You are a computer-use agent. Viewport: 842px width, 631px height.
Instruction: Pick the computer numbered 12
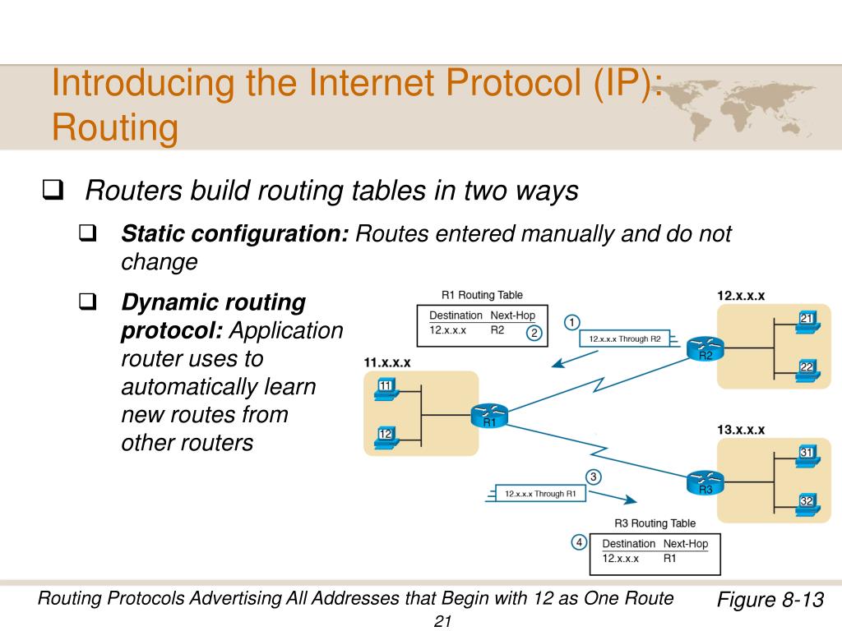[385, 436]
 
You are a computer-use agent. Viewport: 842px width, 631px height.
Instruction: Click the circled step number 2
[534, 333]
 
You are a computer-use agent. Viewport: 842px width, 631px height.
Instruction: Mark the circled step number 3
[593, 477]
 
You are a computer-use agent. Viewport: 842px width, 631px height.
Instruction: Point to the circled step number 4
[579, 542]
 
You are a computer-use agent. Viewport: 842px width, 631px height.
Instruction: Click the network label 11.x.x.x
[386, 362]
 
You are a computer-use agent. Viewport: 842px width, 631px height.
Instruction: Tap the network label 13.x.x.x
[741, 429]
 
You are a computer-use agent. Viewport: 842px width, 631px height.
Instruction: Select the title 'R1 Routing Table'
[482, 295]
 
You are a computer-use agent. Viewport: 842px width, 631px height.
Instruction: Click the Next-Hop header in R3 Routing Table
[685, 544]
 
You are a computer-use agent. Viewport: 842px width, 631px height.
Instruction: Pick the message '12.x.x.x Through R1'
[540, 494]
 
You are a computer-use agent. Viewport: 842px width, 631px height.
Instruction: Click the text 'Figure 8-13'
[770, 599]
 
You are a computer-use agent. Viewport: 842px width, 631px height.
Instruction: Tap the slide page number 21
[443, 621]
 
